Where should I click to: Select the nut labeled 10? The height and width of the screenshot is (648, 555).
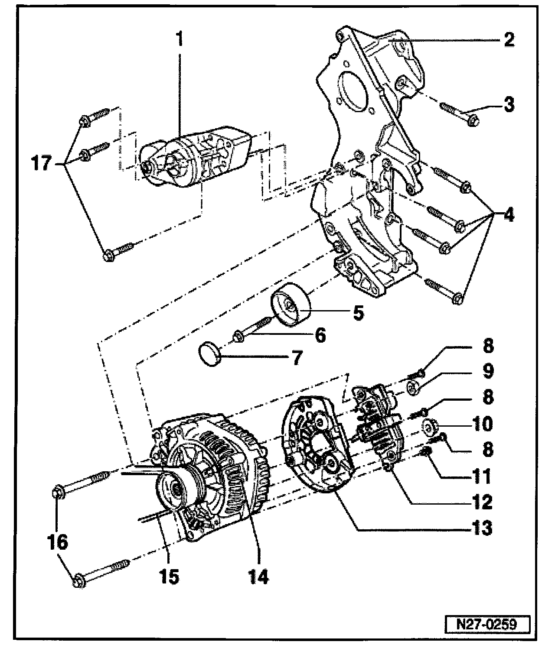(431, 428)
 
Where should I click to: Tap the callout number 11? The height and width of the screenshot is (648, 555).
(482, 476)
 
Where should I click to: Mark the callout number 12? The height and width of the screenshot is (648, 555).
(482, 502)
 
